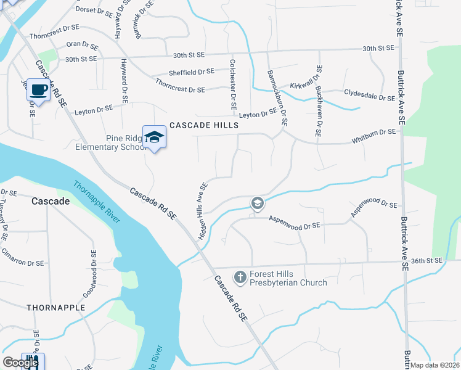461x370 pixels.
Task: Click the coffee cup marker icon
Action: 39,91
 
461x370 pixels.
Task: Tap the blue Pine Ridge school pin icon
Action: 154,137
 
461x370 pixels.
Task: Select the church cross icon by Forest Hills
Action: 240,277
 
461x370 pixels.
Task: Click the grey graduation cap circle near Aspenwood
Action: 257,203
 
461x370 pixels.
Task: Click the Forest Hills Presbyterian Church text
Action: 288,278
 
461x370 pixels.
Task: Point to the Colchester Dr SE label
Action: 232,84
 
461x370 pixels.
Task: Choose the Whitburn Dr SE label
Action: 373,132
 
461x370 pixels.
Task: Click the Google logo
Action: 20,363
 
